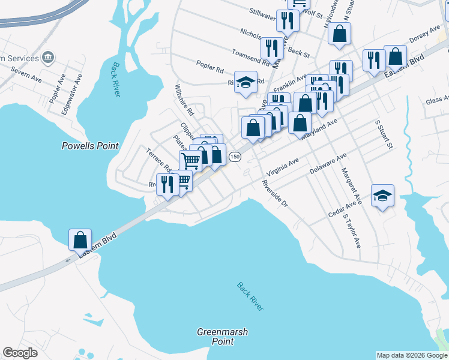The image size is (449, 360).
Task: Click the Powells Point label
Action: click(x=91, y=146)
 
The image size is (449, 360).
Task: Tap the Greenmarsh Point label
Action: click(x=222, y=337)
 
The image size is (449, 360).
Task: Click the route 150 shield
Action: click(x=235, y=157)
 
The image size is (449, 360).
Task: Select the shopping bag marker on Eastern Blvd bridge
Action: click(x=80, y=239)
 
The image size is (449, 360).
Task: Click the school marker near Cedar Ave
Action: click(x=382, y=196)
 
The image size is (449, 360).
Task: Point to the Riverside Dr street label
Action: click(x=276, y=195)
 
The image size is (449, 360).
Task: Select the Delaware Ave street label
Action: click(x=328, y=163)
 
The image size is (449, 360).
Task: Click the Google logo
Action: click(x=20, y=353)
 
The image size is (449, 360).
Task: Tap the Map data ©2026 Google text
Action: click(x=411, y=355)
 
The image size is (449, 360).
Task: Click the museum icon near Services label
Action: click(x=49, y=58)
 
